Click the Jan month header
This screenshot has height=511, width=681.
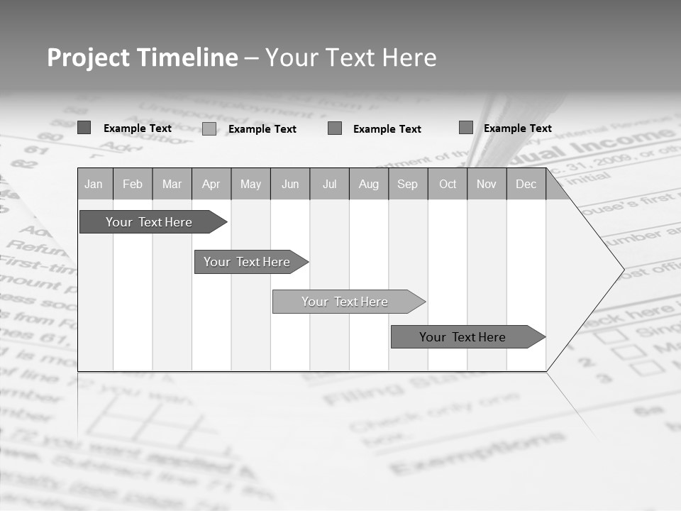pyautogui.click(x=94, y=185)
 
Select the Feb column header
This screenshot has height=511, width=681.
pyautogui.click(x=133, y=185)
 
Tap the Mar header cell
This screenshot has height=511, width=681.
pyautogui.click(x=172, y=185)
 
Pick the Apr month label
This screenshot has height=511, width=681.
pyautogui.click(x=211, y=185)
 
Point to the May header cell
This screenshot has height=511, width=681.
pyautogui.click(x=250, y=185)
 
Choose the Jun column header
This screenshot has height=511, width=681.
pyautogui.click(x=290, y=185)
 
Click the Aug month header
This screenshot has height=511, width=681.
pyautogui.click(x=369, y=185)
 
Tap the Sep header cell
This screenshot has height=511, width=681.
pyautogui.click(x=408, y=185)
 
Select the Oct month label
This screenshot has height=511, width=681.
pyautogui.click(x=448, y=185)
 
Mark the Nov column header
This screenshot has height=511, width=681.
pyautogui.click(x=487, y=185)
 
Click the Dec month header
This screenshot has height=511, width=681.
pyautogui.click(x=526, y=185)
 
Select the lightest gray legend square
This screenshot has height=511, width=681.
pyautogui.click(x=209, y=129)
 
